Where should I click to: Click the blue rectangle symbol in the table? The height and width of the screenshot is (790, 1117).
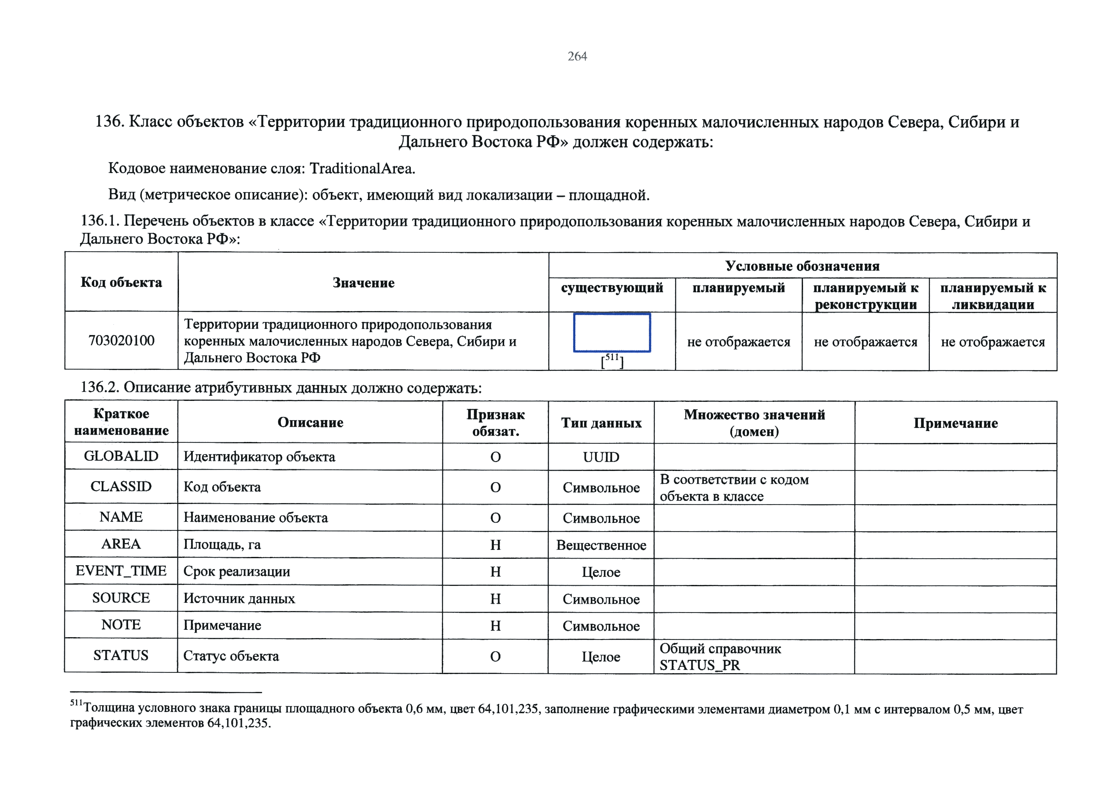click(612, 333)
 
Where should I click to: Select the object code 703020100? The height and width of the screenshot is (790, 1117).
click(121, 340)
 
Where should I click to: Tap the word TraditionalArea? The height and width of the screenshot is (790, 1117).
click(362, 168)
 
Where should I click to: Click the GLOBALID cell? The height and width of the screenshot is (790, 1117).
click(121, 456)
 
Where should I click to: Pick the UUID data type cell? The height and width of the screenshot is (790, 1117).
click(601, 457)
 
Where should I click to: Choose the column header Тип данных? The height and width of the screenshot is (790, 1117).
click(601, 423)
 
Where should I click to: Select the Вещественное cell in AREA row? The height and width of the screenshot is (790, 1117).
click(601, 545)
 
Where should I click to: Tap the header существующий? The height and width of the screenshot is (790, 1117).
click(612, 288)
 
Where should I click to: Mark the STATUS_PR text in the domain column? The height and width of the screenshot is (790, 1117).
click(699, 665)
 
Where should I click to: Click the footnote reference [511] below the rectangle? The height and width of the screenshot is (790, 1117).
click(612, 361)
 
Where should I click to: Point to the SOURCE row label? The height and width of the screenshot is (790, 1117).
click(121, 598)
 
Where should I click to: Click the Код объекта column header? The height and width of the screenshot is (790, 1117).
click(121, 283)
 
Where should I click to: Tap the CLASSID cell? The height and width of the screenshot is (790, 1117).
click(121, 487)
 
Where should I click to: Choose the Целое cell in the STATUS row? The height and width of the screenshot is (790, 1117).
click(601, 657)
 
